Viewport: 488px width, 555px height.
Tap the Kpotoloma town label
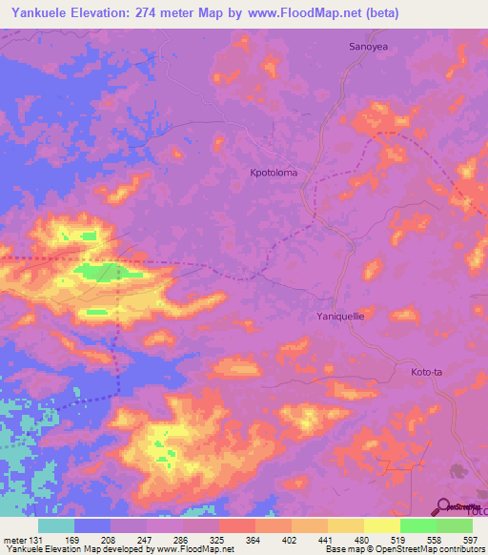(x=274, y=173)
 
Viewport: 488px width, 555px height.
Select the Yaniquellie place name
(x=340, y=314)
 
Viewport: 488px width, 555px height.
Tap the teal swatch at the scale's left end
(x=56, y=526)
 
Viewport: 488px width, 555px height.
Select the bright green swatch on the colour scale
(x=417, y=526)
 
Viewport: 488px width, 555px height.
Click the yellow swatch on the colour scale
(x=381, y=526)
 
